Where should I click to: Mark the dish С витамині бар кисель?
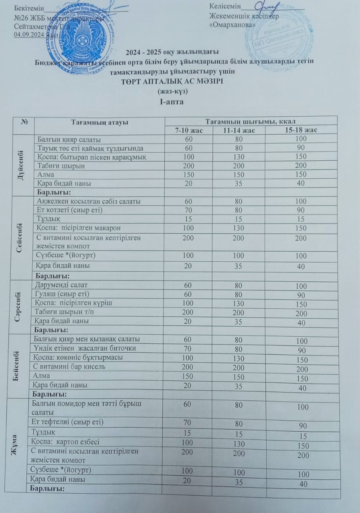(70, 367)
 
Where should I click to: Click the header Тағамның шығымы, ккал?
(251, 121)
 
